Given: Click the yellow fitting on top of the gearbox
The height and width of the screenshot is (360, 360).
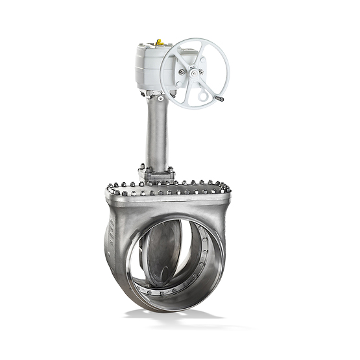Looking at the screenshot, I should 159,43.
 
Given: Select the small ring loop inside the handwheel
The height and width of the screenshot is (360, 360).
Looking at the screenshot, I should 204,96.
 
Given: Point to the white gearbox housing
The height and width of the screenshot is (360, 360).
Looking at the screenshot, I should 152,68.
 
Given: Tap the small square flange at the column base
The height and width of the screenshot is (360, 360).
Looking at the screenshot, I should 156,174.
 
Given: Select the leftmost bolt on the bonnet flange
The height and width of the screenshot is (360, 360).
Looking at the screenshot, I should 110,189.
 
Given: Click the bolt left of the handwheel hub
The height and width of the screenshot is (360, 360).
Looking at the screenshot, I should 182,72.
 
